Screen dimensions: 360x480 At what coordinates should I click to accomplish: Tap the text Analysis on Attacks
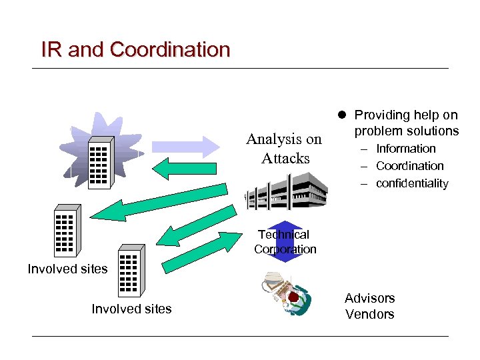285,149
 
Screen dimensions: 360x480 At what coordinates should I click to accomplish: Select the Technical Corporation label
285,242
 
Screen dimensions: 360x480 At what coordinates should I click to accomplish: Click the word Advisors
369,298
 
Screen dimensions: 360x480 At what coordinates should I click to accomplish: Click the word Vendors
369,314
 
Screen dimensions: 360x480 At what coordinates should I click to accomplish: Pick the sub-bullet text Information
405,149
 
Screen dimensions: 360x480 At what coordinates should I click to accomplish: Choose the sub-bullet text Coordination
409,166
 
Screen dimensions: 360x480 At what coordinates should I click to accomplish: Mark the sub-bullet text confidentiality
412,183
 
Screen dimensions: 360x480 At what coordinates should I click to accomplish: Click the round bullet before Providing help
342,115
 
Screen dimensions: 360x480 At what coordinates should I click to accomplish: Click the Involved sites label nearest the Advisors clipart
131,309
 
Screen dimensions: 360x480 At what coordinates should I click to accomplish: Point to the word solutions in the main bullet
433,131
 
